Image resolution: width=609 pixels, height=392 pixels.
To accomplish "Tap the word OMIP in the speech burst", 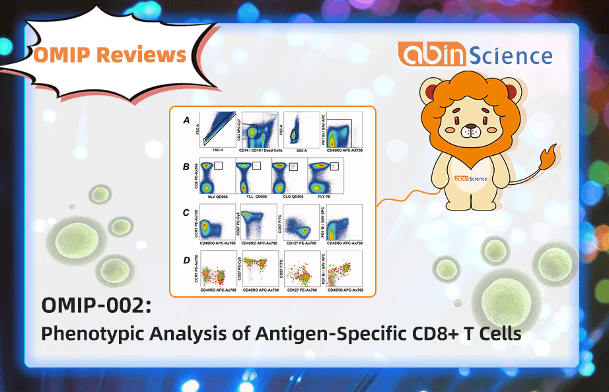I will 64,55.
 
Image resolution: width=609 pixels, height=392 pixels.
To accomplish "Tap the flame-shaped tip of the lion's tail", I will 548,159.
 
